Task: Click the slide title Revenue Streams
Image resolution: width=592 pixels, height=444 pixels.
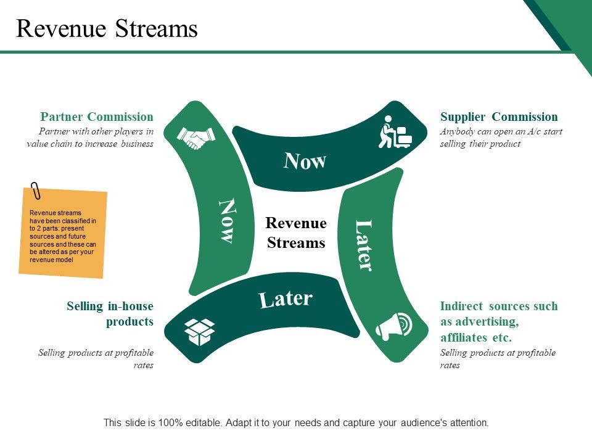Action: coord(107,29)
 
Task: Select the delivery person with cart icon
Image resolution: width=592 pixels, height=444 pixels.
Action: coord(394,132)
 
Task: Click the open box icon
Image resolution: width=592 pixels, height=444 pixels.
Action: coord(199,332)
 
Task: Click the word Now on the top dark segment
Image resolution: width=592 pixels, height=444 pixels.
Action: coord(305,161)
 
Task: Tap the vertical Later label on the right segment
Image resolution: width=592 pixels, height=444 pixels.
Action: coord(364,245)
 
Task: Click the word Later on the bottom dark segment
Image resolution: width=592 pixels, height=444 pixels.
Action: coord(286,299)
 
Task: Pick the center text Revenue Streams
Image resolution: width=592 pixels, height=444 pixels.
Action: coord(296,232)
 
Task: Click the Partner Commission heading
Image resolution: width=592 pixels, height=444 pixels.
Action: coord(97,117)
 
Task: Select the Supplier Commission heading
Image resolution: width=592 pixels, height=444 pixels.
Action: coord(499,117)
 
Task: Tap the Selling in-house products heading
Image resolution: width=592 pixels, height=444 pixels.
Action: coord(110,313)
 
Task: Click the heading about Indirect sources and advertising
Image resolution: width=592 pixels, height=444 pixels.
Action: coord(498,322)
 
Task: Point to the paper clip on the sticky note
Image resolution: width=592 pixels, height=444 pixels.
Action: coord(36,190)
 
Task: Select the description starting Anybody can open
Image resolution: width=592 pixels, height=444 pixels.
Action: coord(501,138)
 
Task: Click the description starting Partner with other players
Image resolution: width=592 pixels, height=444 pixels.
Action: coord(90,138)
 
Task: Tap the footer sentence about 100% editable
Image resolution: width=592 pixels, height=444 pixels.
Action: coord(296,423)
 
